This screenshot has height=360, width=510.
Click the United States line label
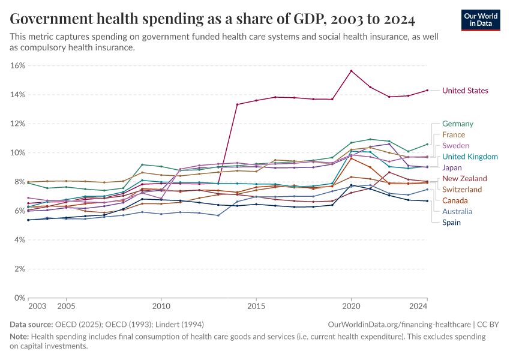point(465,91)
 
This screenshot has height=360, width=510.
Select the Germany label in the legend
point(457,124)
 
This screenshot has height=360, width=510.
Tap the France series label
point(453,135)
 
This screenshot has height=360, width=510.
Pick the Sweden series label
point(455,146)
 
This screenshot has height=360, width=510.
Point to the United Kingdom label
point(470,157)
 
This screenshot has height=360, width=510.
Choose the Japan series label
point(452,168)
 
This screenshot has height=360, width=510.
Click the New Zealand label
point(464,179)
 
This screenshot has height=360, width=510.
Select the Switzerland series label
point(462,190)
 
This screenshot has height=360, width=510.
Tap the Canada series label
point(455,200)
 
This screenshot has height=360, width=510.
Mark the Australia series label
point(457,211)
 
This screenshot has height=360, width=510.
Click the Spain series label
point(452,223)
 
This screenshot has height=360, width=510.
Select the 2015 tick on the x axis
point(256,307)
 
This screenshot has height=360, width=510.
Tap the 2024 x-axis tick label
point(418,307)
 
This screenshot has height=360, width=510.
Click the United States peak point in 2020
point(351,71)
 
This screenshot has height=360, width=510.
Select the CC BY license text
point(490,325)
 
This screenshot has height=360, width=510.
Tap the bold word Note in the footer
point(20,337)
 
